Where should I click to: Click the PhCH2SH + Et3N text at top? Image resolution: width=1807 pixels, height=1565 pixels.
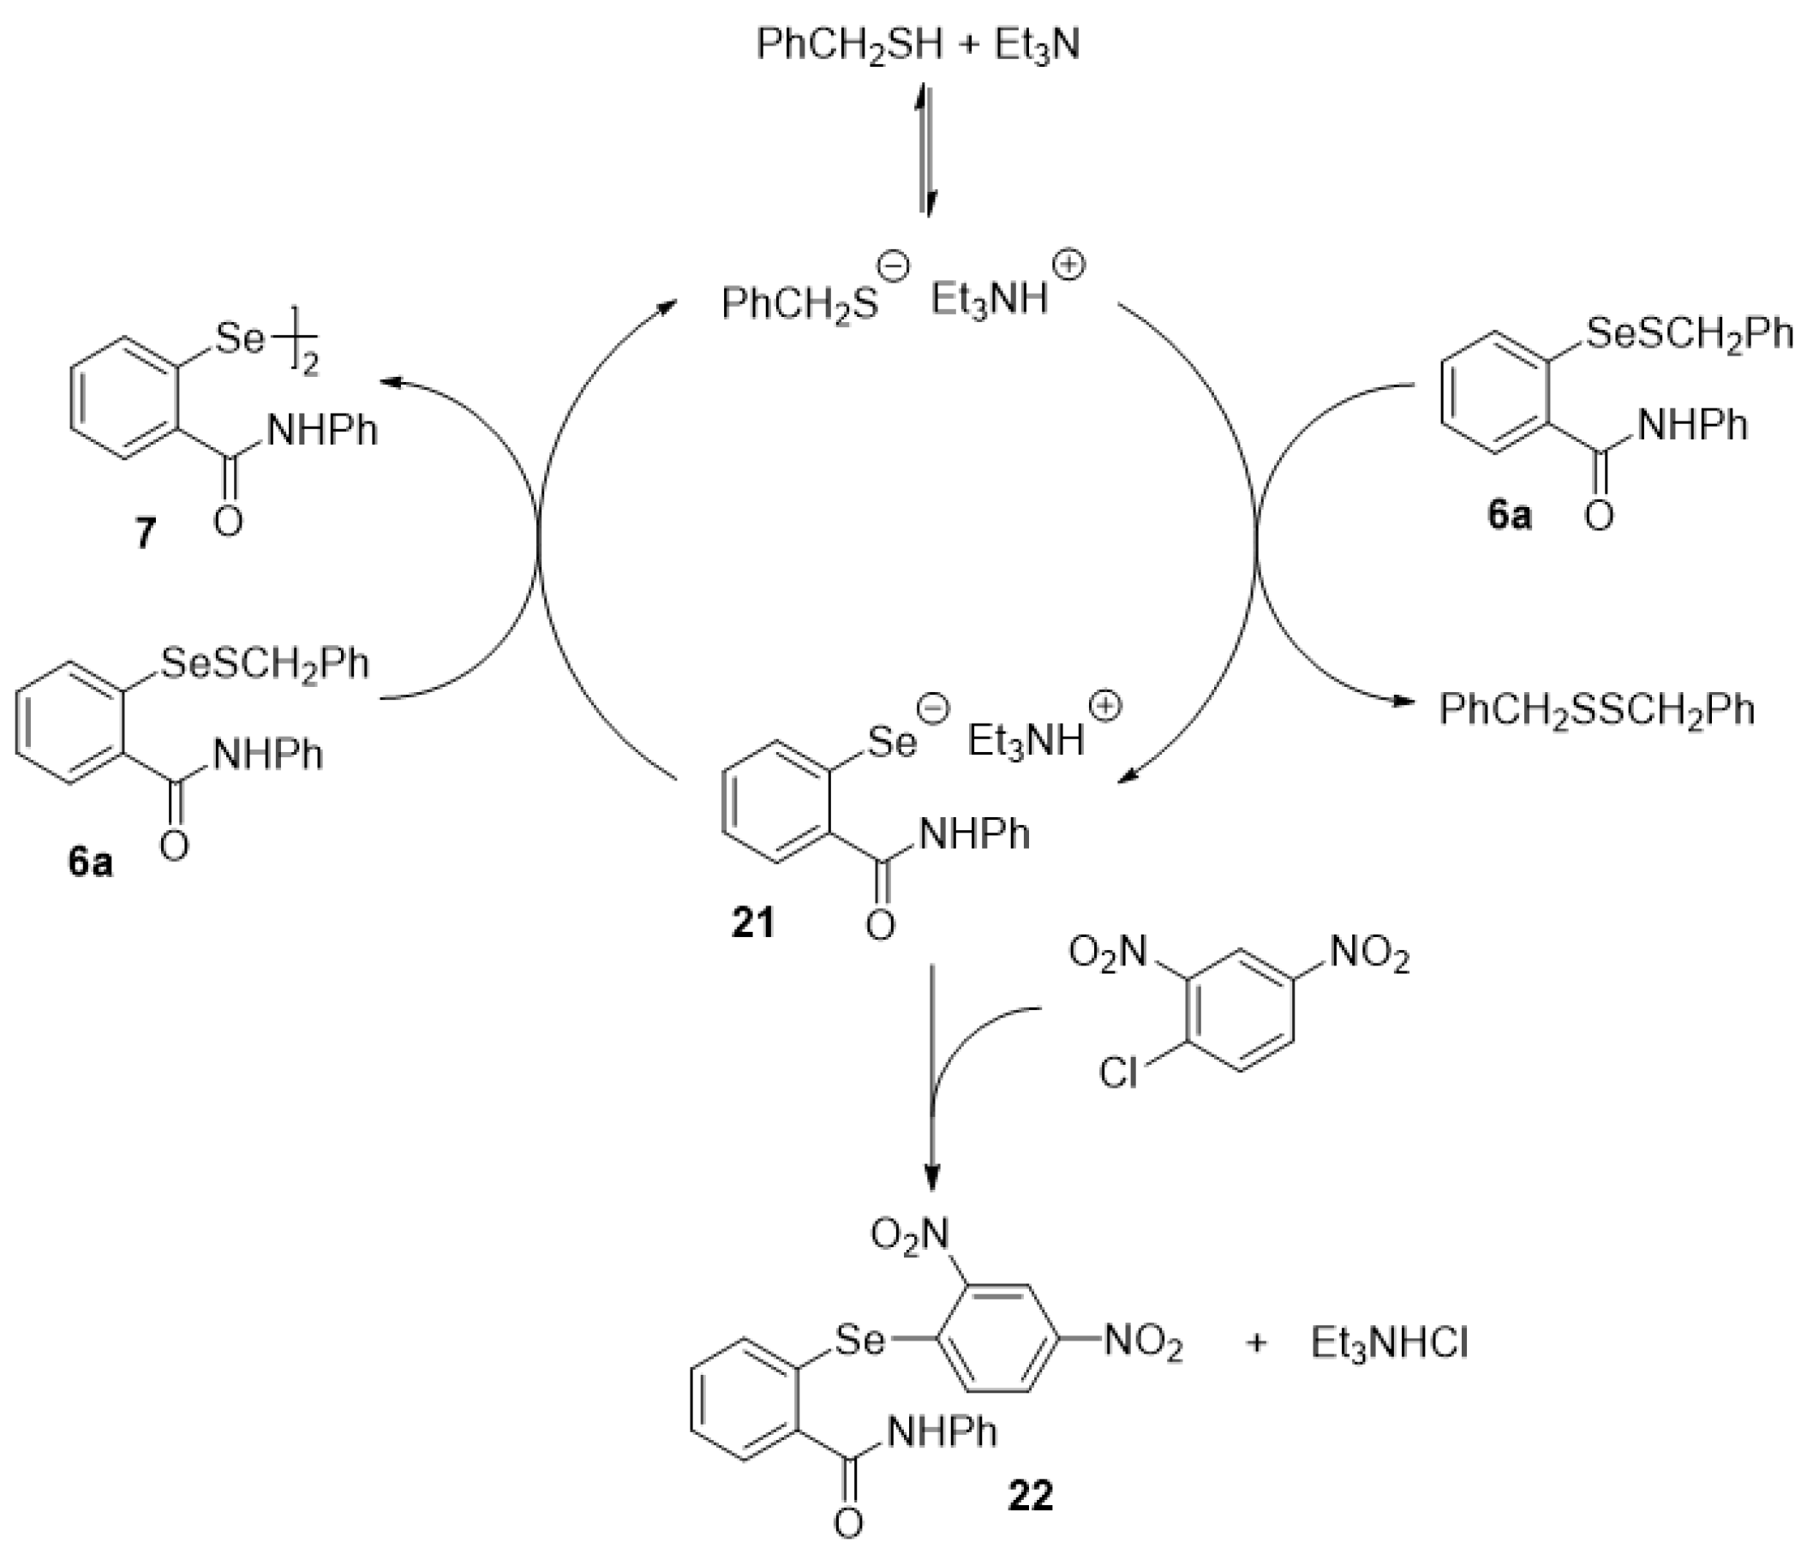917,44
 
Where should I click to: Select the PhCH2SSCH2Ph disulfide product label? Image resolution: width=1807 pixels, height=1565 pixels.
1596,708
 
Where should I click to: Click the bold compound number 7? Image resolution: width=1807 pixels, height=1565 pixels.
144,533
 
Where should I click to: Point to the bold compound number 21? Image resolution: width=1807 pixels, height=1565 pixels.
753,923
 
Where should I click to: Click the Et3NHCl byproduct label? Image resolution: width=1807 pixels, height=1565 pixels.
1389,1343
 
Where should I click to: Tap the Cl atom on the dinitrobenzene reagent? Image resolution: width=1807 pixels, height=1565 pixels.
1119,1072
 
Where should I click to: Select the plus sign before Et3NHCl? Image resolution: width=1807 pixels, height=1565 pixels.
1256,1342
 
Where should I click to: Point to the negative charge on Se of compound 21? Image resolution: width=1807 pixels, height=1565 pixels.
933,710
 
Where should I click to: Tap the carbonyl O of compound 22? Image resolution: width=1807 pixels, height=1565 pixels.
848,1547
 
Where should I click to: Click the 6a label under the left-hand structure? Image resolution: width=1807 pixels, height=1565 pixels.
90,862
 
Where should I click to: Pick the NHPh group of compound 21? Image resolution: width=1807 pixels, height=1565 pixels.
974,835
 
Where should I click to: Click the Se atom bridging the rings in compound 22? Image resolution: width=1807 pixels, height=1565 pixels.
859,1339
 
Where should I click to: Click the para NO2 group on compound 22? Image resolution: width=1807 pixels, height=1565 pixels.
1143,1342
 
